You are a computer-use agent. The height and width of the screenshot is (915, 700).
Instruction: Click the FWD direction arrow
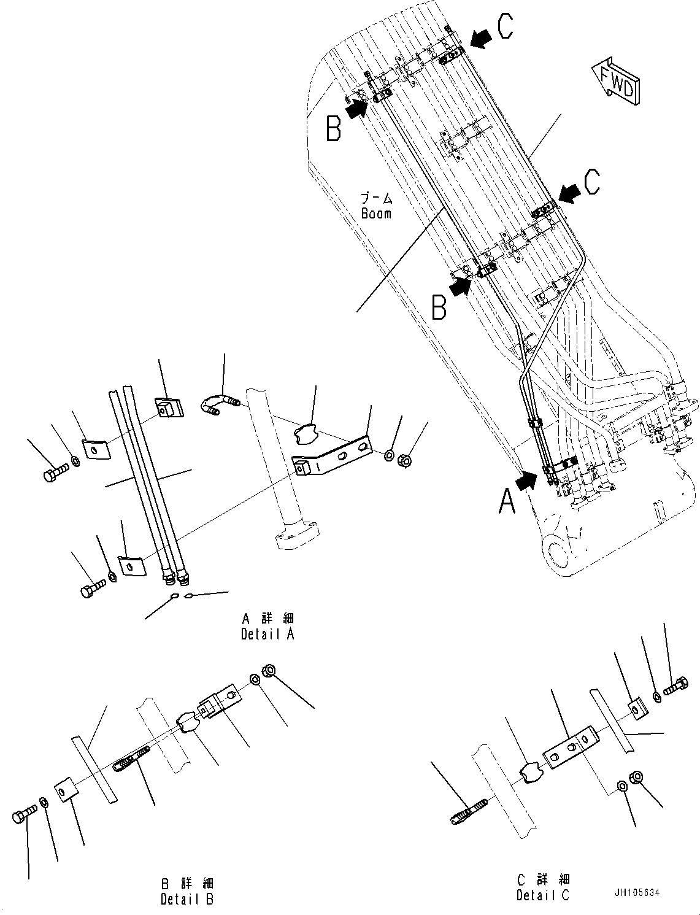(616, 80)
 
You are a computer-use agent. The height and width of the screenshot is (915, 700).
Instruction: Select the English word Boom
(375, 214)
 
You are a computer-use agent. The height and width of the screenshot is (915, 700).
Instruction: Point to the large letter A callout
(507, 500)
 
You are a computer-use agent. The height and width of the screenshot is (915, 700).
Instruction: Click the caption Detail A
(267, 635)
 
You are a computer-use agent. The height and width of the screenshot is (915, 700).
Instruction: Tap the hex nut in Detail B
(268, 671)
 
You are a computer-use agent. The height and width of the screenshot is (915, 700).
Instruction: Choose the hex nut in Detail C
(636, 777)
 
